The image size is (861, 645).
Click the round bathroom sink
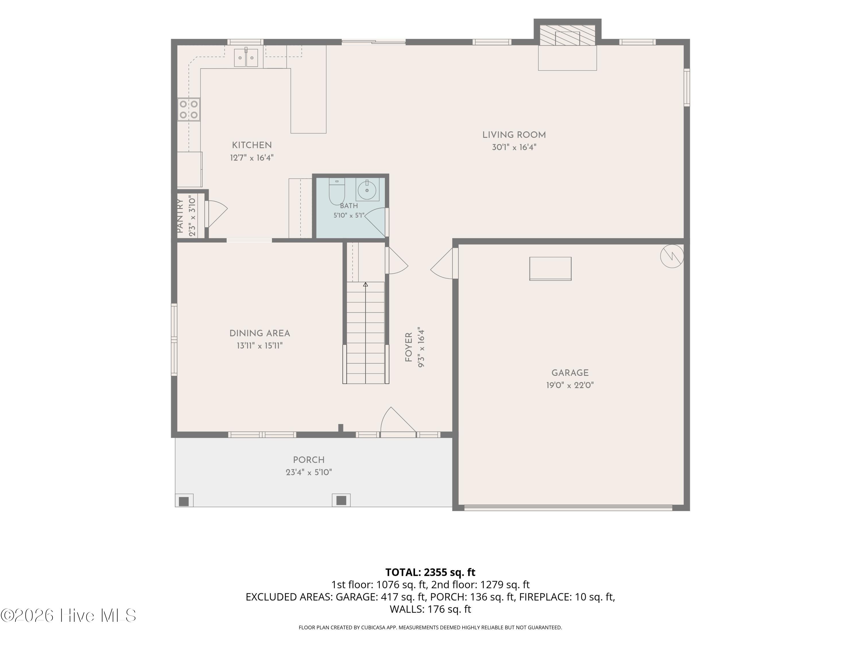pyautogui.click(x=367, y=190)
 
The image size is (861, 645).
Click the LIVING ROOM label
pyautogui.click(x=514, y=135)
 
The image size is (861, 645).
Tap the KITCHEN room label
pyautogui.click(x=252, y=145)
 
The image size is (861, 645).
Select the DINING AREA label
pyautogui.click(x=260, y=333)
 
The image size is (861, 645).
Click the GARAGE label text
pyautogui.click(x=570, y=373)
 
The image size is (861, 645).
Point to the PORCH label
pyautogui.click(x=309, y=460)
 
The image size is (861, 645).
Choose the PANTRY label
pyautogui.click(x=180, y=216)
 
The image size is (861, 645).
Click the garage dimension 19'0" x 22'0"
pyautogui.click(x=570, y=385)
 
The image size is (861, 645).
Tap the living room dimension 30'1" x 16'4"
pyautogui.click(x=514, y=147)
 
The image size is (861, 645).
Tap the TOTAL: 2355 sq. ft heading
pyautogui.click(x=430, y=572)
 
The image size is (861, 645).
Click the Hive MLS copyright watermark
pyautogui.click(x=69, y=615)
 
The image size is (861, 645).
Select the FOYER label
pyautogui.click(x=408, y=347)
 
